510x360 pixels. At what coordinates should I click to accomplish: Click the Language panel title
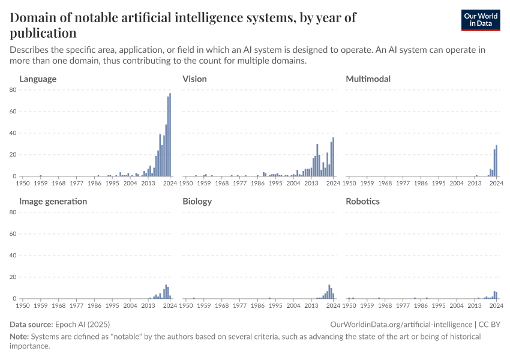pos(38,79)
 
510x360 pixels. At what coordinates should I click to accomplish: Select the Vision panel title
pos(195,79)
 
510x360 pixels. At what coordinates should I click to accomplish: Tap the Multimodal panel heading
pos(368,79)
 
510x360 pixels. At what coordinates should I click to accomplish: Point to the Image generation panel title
pos(53,201)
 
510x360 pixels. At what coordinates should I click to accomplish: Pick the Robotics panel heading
pos(363,201)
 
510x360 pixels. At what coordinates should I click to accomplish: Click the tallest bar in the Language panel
pos(170,135)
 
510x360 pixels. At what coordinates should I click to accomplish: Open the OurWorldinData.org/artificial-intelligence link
pos(401,324)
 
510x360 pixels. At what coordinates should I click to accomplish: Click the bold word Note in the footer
pos(20,337)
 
